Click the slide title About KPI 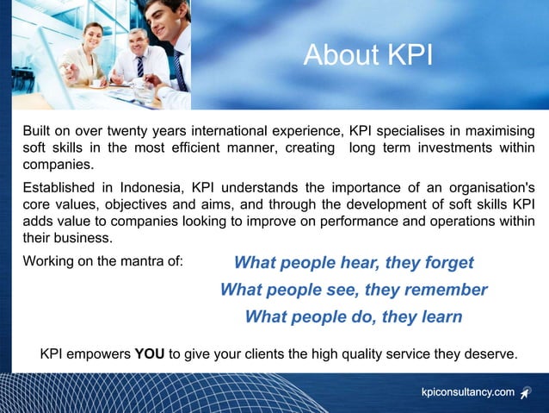(368, 55)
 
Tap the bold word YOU (151, 354)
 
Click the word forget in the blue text (447, 262)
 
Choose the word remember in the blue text (447, 290)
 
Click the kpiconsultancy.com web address (467, 392)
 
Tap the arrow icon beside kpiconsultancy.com (526, 393)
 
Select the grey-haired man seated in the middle (138, 42)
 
